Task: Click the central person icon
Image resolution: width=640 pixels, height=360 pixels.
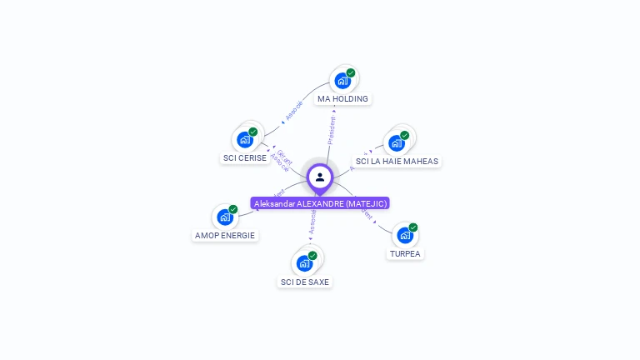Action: [x=320, y=177]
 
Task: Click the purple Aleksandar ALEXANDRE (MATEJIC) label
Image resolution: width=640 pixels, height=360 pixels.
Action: [x=320, y=203]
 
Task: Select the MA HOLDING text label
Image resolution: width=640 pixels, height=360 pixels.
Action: [x=342, y=98]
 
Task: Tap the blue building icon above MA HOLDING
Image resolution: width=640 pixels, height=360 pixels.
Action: [x=342, y=81]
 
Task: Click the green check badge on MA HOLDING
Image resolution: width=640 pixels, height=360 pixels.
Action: [x=351, y=73]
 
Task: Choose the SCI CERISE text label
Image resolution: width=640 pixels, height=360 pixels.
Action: [x=245, y=157]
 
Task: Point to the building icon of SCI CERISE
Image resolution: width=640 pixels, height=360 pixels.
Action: [x=245, y=139]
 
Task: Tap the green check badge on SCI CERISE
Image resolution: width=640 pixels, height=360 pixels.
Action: [x=253, y=132]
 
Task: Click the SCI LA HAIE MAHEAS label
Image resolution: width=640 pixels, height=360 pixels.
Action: [x=397, y=161]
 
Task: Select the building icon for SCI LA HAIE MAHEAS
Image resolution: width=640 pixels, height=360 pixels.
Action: [x=397, y=142]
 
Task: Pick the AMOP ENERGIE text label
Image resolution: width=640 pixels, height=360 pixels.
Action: [x=225, y=235]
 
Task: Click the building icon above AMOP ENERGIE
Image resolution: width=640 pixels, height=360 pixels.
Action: [x=225, y=217]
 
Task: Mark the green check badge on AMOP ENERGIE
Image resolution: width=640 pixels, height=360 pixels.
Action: [x=233, y=210]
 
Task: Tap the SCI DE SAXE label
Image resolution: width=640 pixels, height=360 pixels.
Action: [x=305, y=282]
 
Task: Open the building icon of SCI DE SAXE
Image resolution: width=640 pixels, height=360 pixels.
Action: [x=304, y=263]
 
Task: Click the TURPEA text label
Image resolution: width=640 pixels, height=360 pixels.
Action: [x=405, y=253]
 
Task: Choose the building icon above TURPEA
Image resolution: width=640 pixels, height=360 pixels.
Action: [x=405, y=235]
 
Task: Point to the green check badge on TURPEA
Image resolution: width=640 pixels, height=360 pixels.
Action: [x=413, y=227]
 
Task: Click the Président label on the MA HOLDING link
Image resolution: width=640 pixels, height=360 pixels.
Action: [x=332, y=130]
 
